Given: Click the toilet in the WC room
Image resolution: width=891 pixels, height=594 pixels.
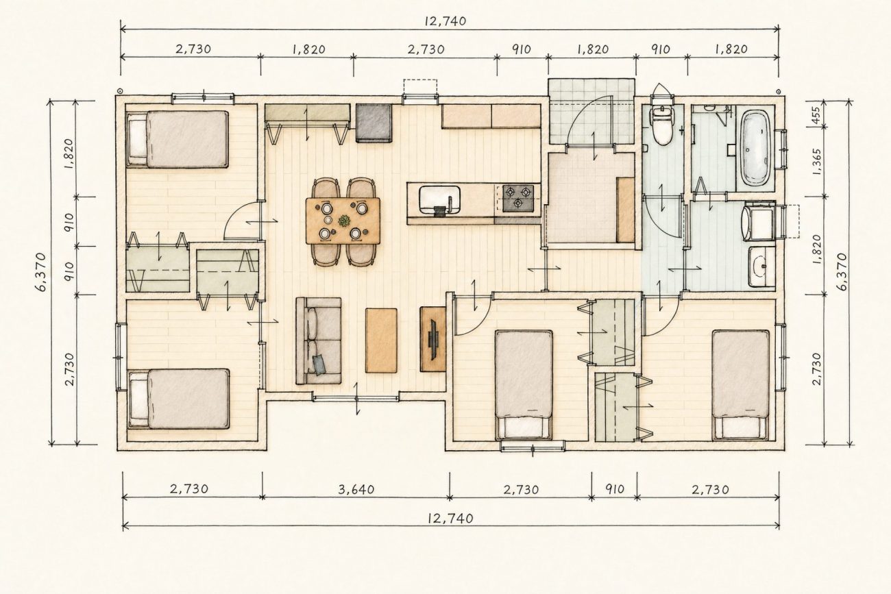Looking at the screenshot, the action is [x=661, y=125].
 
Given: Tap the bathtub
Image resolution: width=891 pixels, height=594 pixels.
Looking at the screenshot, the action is [x=756, y=149].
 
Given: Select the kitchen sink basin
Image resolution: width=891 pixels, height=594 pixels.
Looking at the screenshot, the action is [x=439, y=199].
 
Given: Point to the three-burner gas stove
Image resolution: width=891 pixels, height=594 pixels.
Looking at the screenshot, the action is [x=517, y=197].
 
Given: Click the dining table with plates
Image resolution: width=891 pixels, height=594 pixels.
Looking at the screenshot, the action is [x=343, y=221].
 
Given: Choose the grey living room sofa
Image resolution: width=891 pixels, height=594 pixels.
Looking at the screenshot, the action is [x=318, y=341].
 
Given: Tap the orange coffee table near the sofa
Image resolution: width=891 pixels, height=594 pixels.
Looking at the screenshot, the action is [x=381, y=341].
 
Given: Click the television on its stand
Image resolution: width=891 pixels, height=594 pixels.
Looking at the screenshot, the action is [x=432, y=339].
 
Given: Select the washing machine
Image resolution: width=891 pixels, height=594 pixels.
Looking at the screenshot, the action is [x=759, y=221].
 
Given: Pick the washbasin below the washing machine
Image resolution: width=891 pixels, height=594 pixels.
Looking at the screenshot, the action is [x=761, y=267].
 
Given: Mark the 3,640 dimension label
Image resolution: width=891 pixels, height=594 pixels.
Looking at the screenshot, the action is [x=356, y=489].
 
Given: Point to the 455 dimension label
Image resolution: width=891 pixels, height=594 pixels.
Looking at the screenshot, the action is [x=816, y=115].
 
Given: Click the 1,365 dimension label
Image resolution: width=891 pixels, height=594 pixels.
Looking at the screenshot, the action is [x=816, y=162].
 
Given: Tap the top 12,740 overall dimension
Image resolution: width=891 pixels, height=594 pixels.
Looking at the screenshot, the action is [x=445, y=21].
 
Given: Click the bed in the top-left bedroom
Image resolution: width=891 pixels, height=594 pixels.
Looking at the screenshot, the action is [x=178, y=139].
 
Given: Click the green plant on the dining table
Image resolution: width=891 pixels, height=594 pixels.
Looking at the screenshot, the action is [x=343, y=220].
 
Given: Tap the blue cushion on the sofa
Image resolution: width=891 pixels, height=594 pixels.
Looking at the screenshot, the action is [x=319, y=364].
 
